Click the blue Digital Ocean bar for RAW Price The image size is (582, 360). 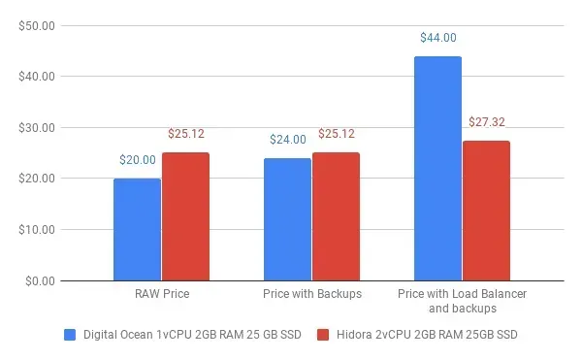[137, 230]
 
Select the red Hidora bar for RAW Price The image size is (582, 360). [185, 216]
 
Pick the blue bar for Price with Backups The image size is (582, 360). [287, 219]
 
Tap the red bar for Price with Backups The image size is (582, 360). [336, 216]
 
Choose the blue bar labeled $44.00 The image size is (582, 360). [437, 169]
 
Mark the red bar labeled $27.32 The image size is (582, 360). [486, 212]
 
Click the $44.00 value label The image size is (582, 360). [438, 38]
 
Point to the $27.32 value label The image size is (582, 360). [486, 122]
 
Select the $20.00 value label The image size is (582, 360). [138, 160]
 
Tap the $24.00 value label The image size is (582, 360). [288, 140]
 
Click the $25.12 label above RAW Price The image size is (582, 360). [185, 134]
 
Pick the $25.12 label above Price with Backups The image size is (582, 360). [336, 134]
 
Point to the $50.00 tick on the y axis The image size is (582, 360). [37, 24]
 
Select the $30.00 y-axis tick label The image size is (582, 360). [37, 127]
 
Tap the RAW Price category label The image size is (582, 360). [162, 293]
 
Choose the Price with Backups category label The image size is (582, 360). [312, 293]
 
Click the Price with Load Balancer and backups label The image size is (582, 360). [462, 300]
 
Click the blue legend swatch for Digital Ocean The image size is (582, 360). [70, 335]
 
